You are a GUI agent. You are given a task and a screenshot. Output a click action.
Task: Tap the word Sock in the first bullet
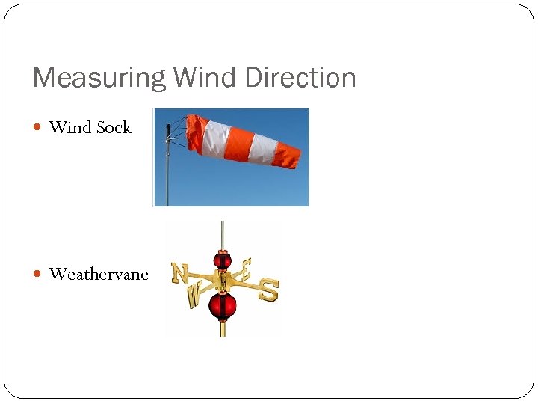click(114, 128)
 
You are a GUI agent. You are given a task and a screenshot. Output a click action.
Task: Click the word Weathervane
click(99, 275)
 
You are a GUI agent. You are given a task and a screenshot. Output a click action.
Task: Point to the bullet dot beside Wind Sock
click(39, 128)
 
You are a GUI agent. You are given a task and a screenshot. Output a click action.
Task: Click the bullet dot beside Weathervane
click(39, 275)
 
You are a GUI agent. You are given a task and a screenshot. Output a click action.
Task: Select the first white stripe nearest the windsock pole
click(217, 138)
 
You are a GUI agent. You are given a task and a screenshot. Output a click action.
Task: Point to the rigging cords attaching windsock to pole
click(178, 133)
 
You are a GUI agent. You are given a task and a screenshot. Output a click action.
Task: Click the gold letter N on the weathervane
click(179, 273)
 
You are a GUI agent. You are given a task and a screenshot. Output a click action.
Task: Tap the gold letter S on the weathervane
click(268, 290)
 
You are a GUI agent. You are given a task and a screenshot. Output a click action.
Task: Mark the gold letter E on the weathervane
click(246, 268)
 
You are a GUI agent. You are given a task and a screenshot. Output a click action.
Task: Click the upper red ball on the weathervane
click(222, 260)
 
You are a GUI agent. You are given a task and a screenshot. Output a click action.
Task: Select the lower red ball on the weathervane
click(222, 304)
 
